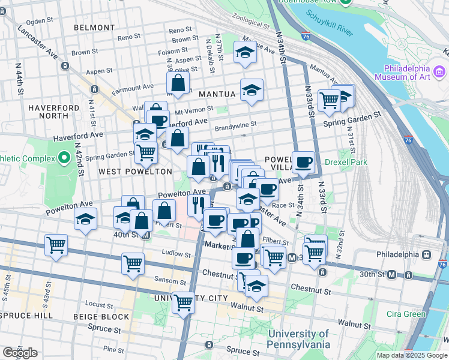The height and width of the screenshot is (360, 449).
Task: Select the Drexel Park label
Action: pyautogui.click(x=345, y=162)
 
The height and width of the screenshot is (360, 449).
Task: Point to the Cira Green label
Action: pyautogui.click(x=406, y=314)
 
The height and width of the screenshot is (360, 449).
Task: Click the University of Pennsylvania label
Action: pyautogui.click(x=299, y=339)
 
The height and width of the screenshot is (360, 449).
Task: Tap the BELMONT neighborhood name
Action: pyautogui.click(x=94, y=28)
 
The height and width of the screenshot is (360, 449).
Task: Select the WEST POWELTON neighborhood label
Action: pyautogui.click(x=127, y=172)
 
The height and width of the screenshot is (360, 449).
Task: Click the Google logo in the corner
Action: pyautogui.click(x=19, y=353)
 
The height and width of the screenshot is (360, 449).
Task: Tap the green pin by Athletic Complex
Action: pyautogui.click(x=64, y=159)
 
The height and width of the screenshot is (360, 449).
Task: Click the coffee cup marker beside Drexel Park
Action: pyautogui.click(x=303, y=162)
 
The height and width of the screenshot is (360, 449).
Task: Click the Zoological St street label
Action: pyautogui.click(x=251, y=22)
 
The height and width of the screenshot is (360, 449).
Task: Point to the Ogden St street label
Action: pyautogui.click(x=40, y=20)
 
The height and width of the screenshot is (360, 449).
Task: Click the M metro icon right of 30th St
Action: pyautogui.click(x=392, y=275)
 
